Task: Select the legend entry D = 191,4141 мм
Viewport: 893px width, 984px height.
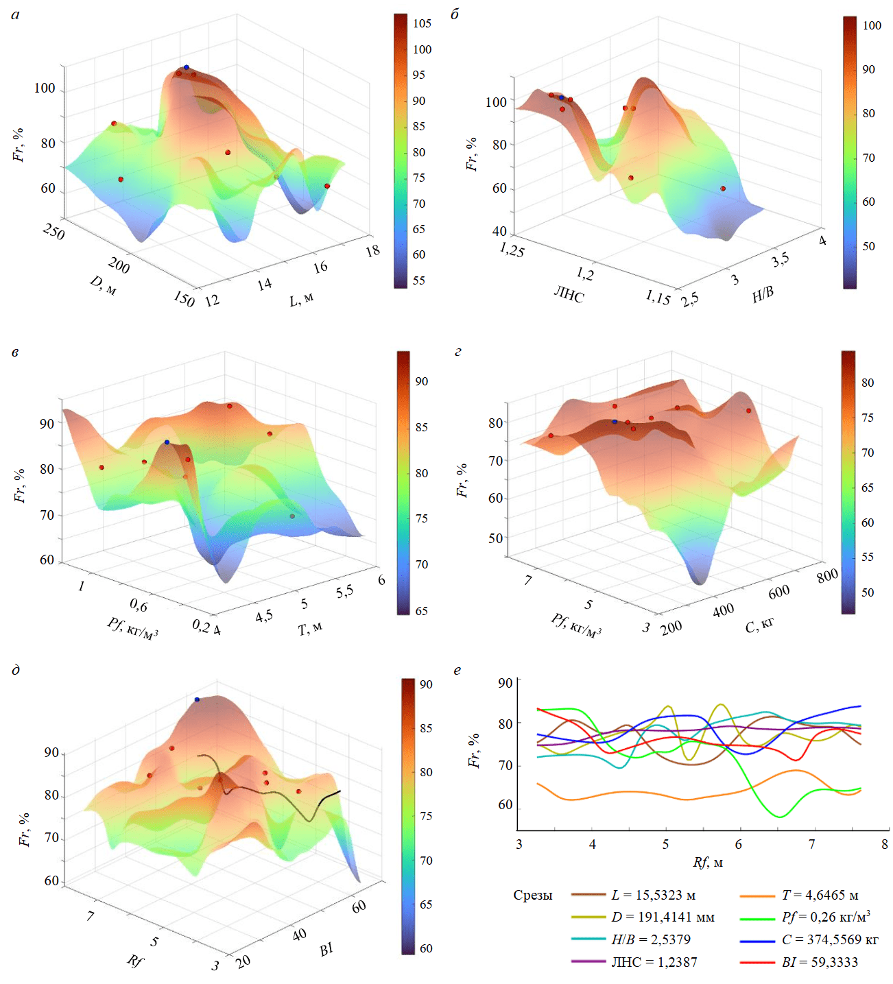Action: (663, 917)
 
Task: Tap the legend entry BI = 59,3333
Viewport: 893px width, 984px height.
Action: (820, 962)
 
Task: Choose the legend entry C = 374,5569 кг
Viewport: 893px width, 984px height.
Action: (830, 939)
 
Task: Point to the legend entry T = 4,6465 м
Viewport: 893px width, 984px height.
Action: (820, 895)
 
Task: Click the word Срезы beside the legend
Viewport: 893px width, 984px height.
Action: (533, 895)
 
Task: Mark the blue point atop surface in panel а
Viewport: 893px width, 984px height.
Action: (186, 67)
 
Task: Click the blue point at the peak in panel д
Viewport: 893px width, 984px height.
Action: (197, 699)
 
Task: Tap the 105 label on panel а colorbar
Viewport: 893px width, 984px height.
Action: (422, 23)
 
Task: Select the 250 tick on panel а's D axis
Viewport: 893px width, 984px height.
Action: (53, 232)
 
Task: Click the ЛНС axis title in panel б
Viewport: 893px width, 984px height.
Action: (569, 296)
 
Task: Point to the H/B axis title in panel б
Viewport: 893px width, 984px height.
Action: (763, 294)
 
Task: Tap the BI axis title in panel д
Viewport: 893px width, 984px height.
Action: (326, 949)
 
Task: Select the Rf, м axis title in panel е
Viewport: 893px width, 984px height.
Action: (708, 863)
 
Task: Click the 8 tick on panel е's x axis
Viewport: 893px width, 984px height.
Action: (885, 844)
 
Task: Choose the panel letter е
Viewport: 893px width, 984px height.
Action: (457, 670)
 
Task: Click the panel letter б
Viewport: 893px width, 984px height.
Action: (455, 14)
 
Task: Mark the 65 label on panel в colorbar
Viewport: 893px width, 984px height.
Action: (421, 611)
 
